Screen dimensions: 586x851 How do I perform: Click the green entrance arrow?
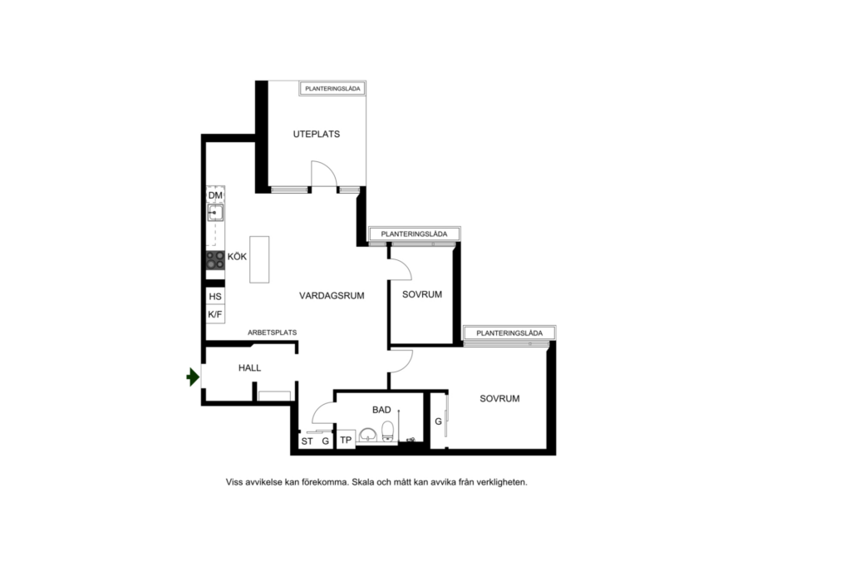click(x=193, y=377)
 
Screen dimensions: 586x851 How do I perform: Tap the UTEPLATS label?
click(x=317, y=134)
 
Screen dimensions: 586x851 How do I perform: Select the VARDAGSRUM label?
click(x=332, y=295)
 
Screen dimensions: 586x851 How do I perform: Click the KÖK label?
click(x=238, y=258)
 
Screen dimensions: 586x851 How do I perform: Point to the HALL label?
click(x=250, y=367)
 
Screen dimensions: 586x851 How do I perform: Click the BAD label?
click(x=381, y=410)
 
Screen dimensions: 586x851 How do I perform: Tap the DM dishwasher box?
click(x=215, y=195)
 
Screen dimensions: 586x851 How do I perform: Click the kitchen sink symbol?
click(x=215, y=213)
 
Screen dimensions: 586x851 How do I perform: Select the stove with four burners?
click(x=215, y=260)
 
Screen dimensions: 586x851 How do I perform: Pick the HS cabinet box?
click(x=215, y=297)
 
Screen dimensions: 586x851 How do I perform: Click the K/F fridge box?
click(x=215, y=315)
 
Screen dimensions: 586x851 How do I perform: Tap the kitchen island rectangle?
click(x=259, y=259)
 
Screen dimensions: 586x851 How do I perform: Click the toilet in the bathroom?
click(x=387, y=431)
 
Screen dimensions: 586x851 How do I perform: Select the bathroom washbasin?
click(x=367, y=435)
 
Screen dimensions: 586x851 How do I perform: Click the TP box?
click(x=346, y=440)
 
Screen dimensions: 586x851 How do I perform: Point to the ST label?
click(x=307, y=441)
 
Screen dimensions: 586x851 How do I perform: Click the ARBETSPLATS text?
click(x=272, y=332)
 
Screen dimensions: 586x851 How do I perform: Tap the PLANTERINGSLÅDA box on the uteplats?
click(x=333, y=87)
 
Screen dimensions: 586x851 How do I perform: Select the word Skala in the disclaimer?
click(x=364, y=481)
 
